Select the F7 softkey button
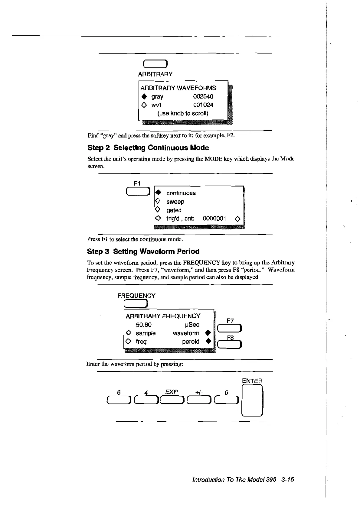point(230,328)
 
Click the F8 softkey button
point(230,345)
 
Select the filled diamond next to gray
point(144,97)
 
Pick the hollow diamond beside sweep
point(157,201)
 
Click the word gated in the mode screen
point(174,210)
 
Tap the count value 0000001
point(214,219)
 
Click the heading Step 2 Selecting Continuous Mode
point(148,148)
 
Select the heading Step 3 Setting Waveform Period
point(143,251)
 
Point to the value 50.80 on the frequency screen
point(144,325)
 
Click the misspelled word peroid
point(191,342)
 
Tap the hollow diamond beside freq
point(128,342)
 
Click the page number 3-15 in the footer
point(287,480)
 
